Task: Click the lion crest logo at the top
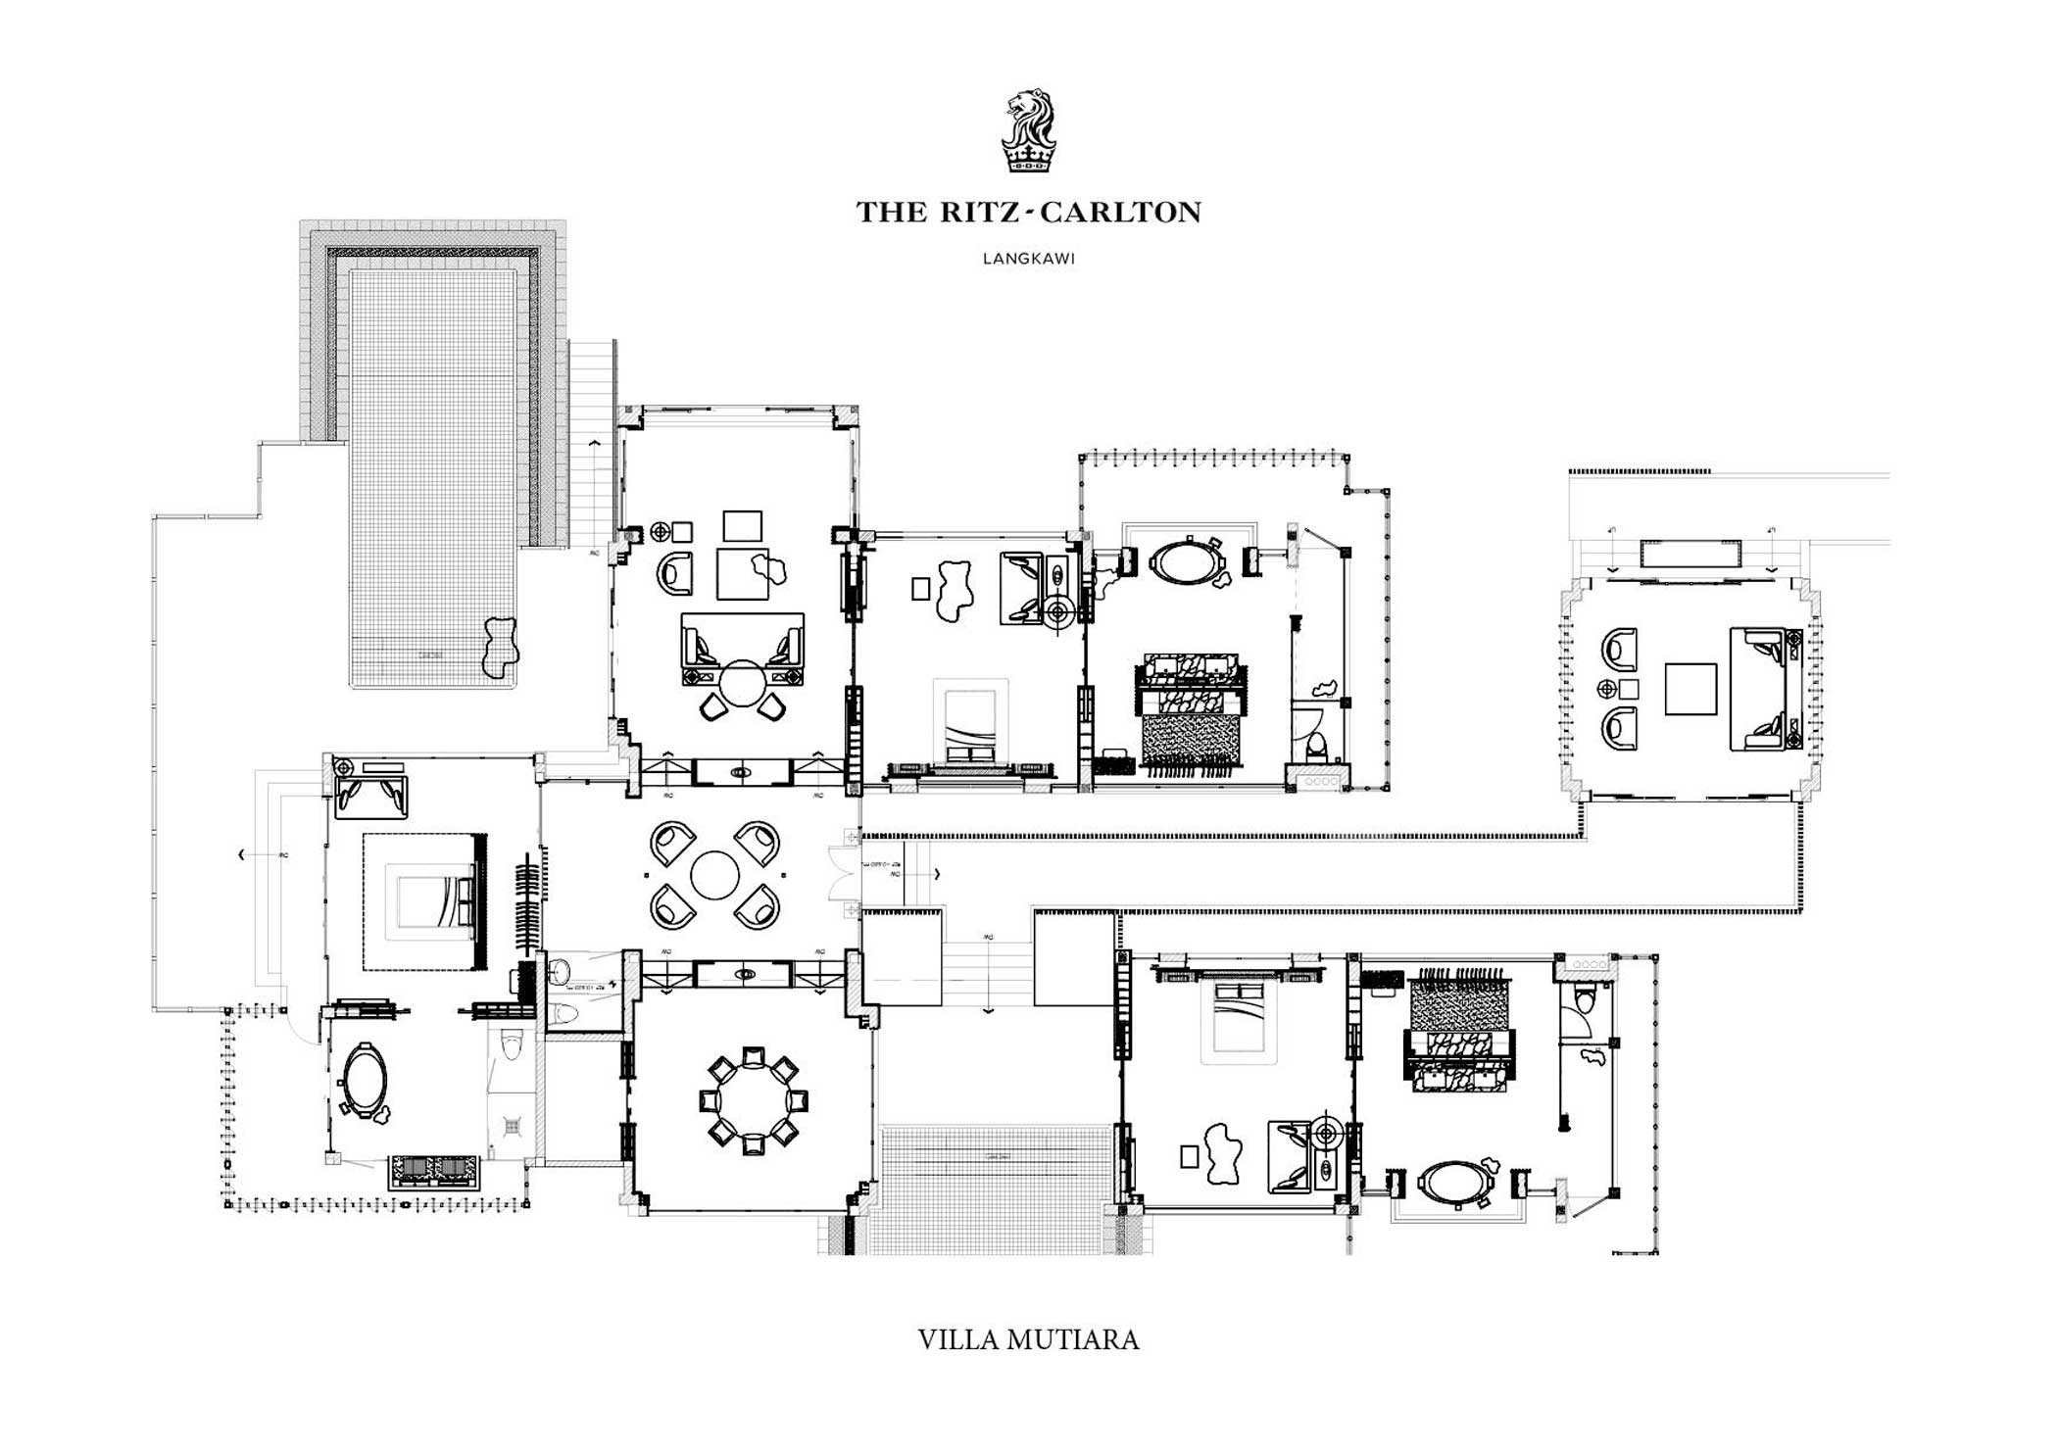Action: (1028, 131)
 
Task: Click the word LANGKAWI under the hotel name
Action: (1028, 260)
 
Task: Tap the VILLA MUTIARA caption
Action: (1028, 1339)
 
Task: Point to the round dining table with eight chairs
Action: (754, 1100)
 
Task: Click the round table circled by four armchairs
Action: (714, 875)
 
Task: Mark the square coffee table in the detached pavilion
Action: (1690, 689)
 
